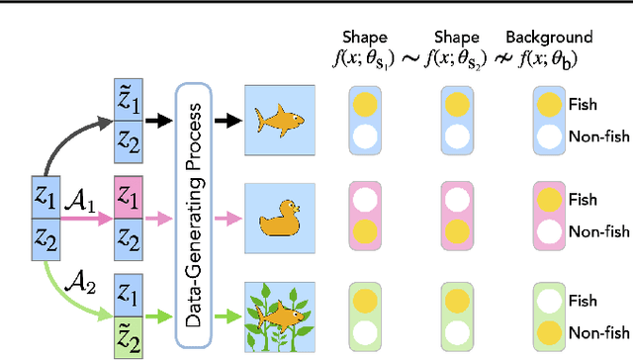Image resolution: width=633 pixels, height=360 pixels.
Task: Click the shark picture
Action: (x=280, y=118)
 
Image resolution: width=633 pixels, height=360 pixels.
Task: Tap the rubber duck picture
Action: (x=280, y=210)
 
